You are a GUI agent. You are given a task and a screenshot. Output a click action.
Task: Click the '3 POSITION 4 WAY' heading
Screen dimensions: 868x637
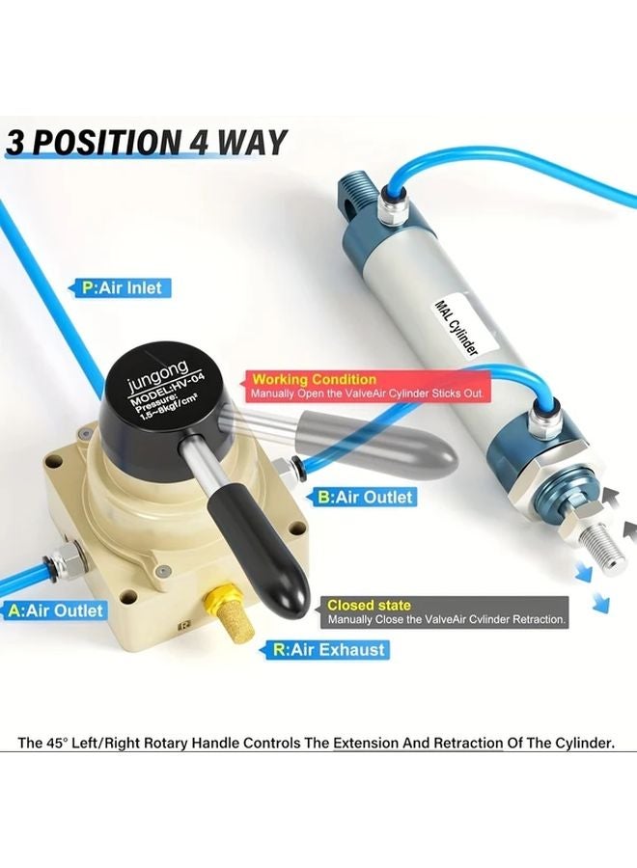point(147,142)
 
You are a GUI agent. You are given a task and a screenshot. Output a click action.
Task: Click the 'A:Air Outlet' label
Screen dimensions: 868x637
point(56,610)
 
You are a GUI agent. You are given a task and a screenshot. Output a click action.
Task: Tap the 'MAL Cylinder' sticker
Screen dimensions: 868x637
point(458,329)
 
